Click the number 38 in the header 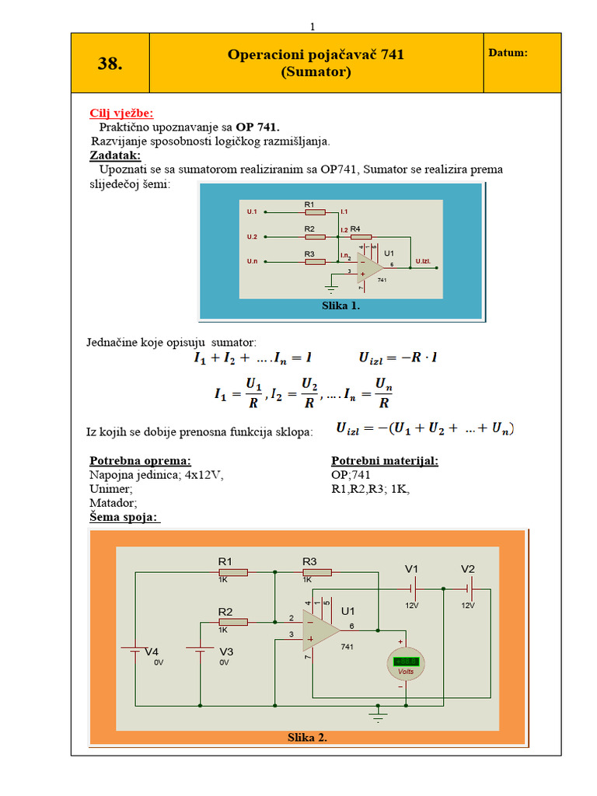pyautogui.click(x=110, y=64)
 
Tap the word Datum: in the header pyautogui.click(x=508, y=53)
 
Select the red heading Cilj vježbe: pyautogui.click(x=121, y=113)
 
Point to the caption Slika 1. pyautogui.click(x=340, y=306)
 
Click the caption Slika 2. pyautogui.click(x=307, y=738)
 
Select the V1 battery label pyautogui.click(x=411, y=568)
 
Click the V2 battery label pyautogui.click(x=467, y=568)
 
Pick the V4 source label pyautogui.click(x=152, y=651)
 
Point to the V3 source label pyautogui.click(x=226, y=651)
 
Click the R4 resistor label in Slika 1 pyautogui.click(x=355, y=229)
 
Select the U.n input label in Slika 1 pyautogui.click(x=252, y=261)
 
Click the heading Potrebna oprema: pyautogui.click(x=140, y=460)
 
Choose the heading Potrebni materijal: pyautogui.click(x=384, y=460)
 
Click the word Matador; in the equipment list pyautogui.click(x=113, y=503)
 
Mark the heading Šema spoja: pyautogui.click(x=124, y=517)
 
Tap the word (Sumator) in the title pyautogui.click(x=316, y=72)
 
